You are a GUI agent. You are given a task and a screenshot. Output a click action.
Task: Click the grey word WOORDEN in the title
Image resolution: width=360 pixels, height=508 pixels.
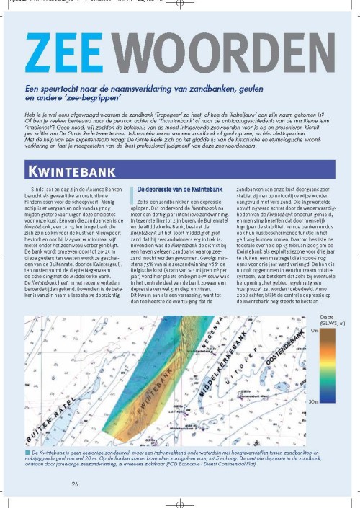point(216,56)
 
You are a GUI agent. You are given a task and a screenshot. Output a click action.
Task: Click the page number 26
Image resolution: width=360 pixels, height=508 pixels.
point(75,463)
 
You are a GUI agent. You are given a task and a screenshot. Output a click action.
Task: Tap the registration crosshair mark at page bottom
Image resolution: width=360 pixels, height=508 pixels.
point(180,498)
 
